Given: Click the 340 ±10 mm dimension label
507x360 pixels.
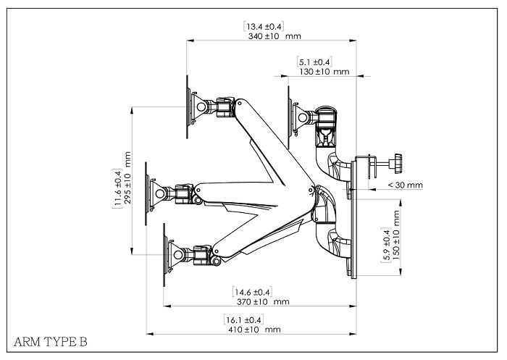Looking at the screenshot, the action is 275,36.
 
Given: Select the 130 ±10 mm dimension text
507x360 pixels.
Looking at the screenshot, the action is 324,72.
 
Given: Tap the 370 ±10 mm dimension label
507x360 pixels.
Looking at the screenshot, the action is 263,302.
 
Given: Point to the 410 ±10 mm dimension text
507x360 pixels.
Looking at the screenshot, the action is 254,330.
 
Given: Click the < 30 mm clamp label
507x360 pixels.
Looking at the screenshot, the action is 405,185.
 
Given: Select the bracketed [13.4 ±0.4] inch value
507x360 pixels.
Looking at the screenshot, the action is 264,27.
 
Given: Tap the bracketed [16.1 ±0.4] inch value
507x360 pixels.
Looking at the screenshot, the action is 243,320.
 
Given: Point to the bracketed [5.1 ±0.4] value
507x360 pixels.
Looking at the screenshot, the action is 314,62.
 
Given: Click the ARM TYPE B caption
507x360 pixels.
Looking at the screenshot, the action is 51,342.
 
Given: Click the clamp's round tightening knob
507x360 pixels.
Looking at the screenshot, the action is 398,164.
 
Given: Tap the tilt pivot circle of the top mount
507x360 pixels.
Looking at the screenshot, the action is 201,107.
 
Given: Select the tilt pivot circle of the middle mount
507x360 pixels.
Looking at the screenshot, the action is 160,193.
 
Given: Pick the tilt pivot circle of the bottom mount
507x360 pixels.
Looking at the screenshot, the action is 178,255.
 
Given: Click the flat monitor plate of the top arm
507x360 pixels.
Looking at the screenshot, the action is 188,107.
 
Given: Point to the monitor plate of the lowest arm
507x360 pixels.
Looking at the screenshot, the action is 164,255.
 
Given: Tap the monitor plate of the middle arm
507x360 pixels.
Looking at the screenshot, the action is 146,193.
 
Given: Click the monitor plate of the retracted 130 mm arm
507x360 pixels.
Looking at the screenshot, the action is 290,117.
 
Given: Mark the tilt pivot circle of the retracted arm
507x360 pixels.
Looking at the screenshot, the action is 303,117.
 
